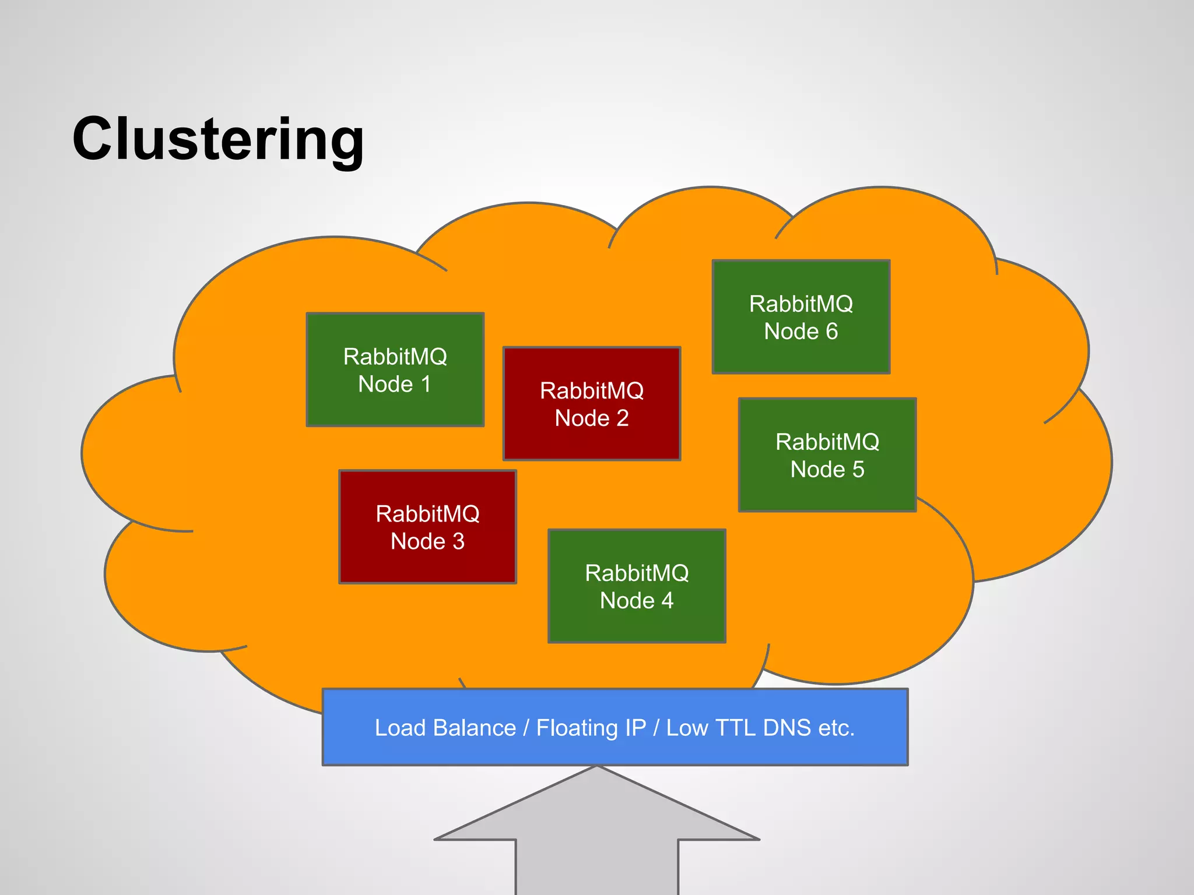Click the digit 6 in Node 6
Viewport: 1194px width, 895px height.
[831, 332]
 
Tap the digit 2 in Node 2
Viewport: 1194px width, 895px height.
[622, 418]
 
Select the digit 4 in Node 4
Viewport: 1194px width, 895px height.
[667, 601]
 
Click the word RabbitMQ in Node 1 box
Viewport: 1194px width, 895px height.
[395, 357]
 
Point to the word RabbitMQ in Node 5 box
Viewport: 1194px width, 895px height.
[827, 442]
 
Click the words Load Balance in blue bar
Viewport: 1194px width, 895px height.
[445, 728]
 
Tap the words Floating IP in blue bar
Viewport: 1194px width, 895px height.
[591, 728]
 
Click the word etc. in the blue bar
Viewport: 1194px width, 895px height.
[836, 728]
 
